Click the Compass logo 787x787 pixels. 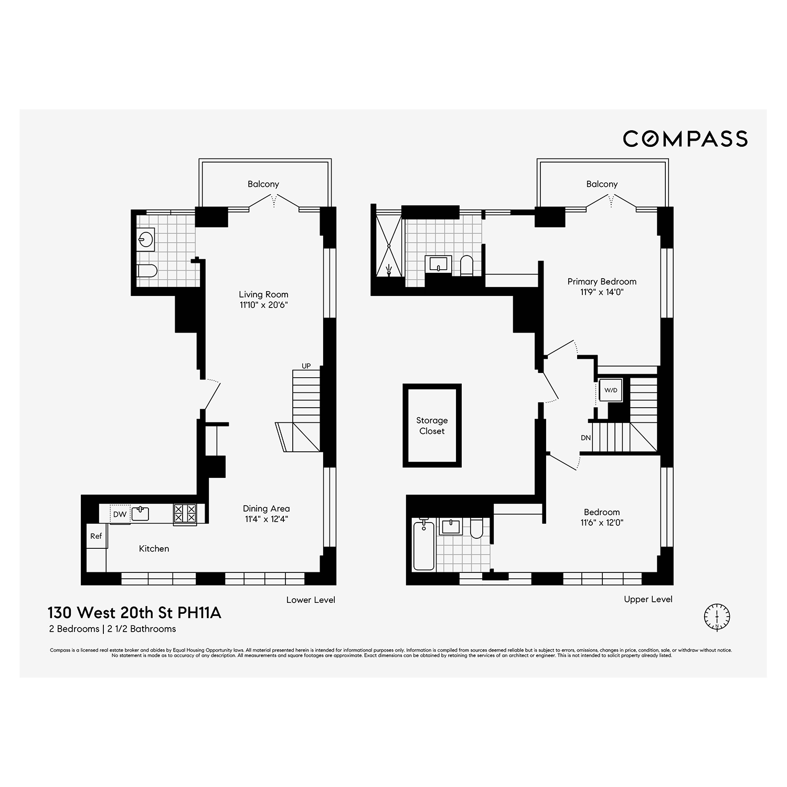[x=685, y=139]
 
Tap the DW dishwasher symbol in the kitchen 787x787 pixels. [x=120, y=514]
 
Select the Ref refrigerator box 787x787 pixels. [x=96, y=536]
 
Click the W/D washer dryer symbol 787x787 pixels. [x=611, y=390]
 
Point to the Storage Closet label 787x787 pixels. [x=432, y=426]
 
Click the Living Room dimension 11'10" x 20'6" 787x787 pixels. [x=263, y=305]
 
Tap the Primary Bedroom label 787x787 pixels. [x=602, y=282]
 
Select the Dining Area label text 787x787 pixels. [x=266, y=508]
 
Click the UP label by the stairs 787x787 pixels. [x=306, y=366]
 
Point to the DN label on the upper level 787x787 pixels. [x=586, y=438]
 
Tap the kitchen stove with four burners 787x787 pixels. [x=185, y=513]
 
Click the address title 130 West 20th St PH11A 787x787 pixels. [x=134, y=613]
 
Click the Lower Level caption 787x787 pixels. [x=311, y=600]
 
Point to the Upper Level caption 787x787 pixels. [x=648, y=599]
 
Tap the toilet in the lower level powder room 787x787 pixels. [x=147, y=271]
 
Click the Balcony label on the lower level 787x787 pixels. [x=263, y=184]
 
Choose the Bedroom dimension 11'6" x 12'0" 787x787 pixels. [x=602, y=523]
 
